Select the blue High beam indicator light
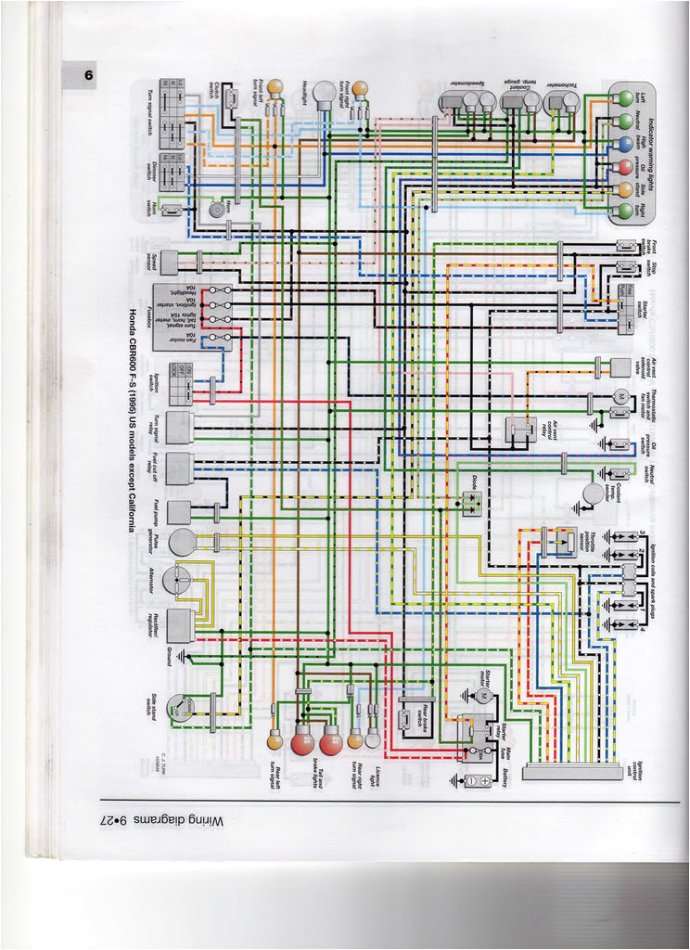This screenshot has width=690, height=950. [x=626, y=144]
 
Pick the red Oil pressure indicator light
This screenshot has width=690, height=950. [x=626, y=167]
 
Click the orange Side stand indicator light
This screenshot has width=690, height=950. [x=626, y=188]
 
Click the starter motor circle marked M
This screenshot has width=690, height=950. [x=482, y=695]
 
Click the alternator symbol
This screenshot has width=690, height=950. [x=175, y=582]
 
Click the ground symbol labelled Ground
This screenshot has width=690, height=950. [x=181, y=656]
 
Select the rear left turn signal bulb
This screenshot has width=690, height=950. [x=275, y=740]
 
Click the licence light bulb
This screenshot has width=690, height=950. [x=373, y=738]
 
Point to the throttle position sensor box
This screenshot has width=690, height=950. [x=559, y=539]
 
